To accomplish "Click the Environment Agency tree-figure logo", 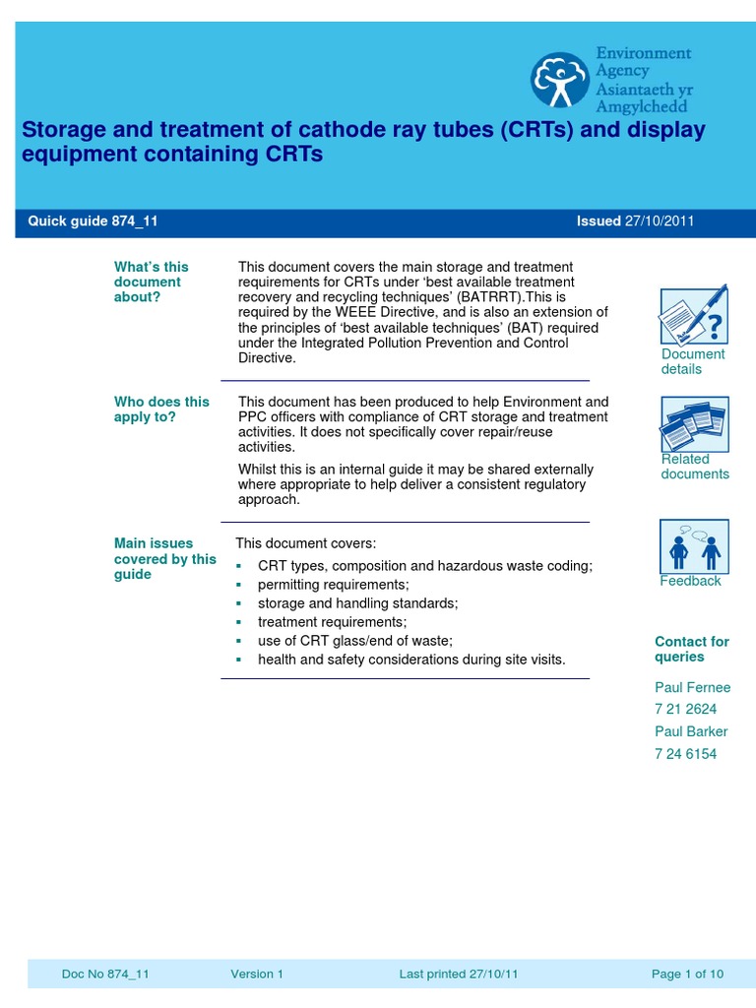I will coord(560,80).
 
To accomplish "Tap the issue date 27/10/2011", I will coord(660,221).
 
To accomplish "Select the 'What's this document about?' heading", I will coord(151,282).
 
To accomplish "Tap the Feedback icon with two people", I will coord(694,545).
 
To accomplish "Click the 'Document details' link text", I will coord(693,361).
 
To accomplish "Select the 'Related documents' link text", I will coord(695,467).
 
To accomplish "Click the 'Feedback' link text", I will coord(690,581).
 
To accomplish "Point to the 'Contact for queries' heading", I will coord(692,649).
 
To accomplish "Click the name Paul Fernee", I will coord(693,687).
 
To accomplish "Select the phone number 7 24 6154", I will coord(686,754).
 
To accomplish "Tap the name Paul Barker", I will coord(691,731).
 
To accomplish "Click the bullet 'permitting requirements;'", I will coord(319,585).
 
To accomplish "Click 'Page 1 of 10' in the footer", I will coord(687,975).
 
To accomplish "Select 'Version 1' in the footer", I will coord(257,975).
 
